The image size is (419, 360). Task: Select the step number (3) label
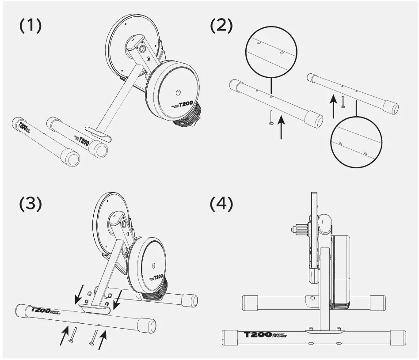30,204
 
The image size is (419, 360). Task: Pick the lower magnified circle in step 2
357,142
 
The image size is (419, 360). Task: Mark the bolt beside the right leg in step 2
343,102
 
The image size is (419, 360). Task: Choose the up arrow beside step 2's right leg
334,105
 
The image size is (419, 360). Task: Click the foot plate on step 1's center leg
96,133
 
